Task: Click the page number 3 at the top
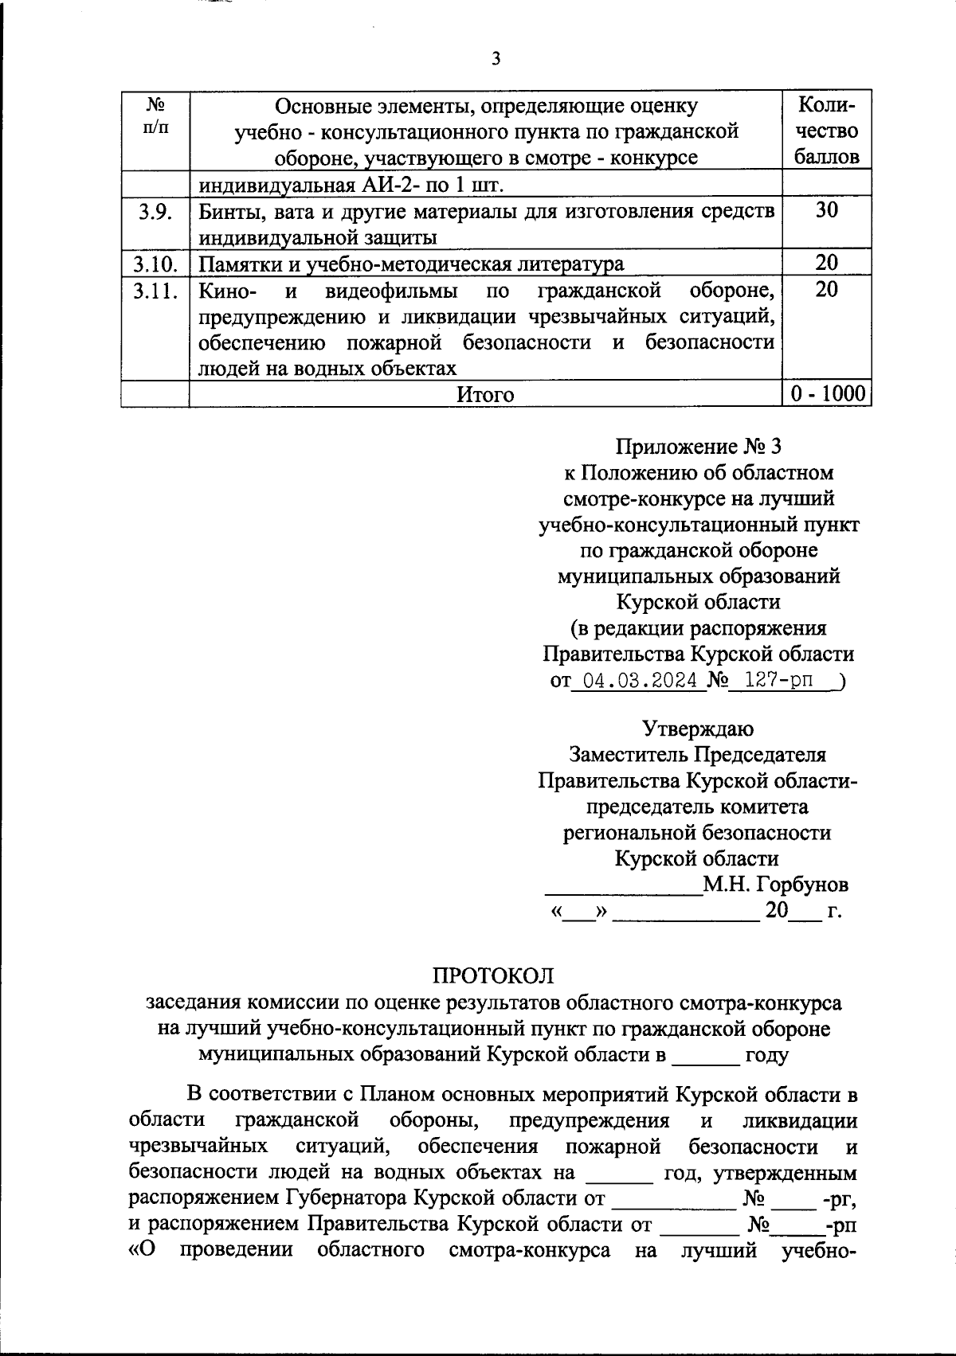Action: [x=496, y=60]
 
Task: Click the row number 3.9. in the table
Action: [x=155, y=211]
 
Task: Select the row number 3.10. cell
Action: [x=155, y=264]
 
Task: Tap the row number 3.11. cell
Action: [x=155, y=290]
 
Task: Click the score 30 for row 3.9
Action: [x=827, y=210]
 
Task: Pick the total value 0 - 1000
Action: [x=827, y=395]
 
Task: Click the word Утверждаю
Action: [x=698, y=729]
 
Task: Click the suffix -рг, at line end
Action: [x=842, y=1198]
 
